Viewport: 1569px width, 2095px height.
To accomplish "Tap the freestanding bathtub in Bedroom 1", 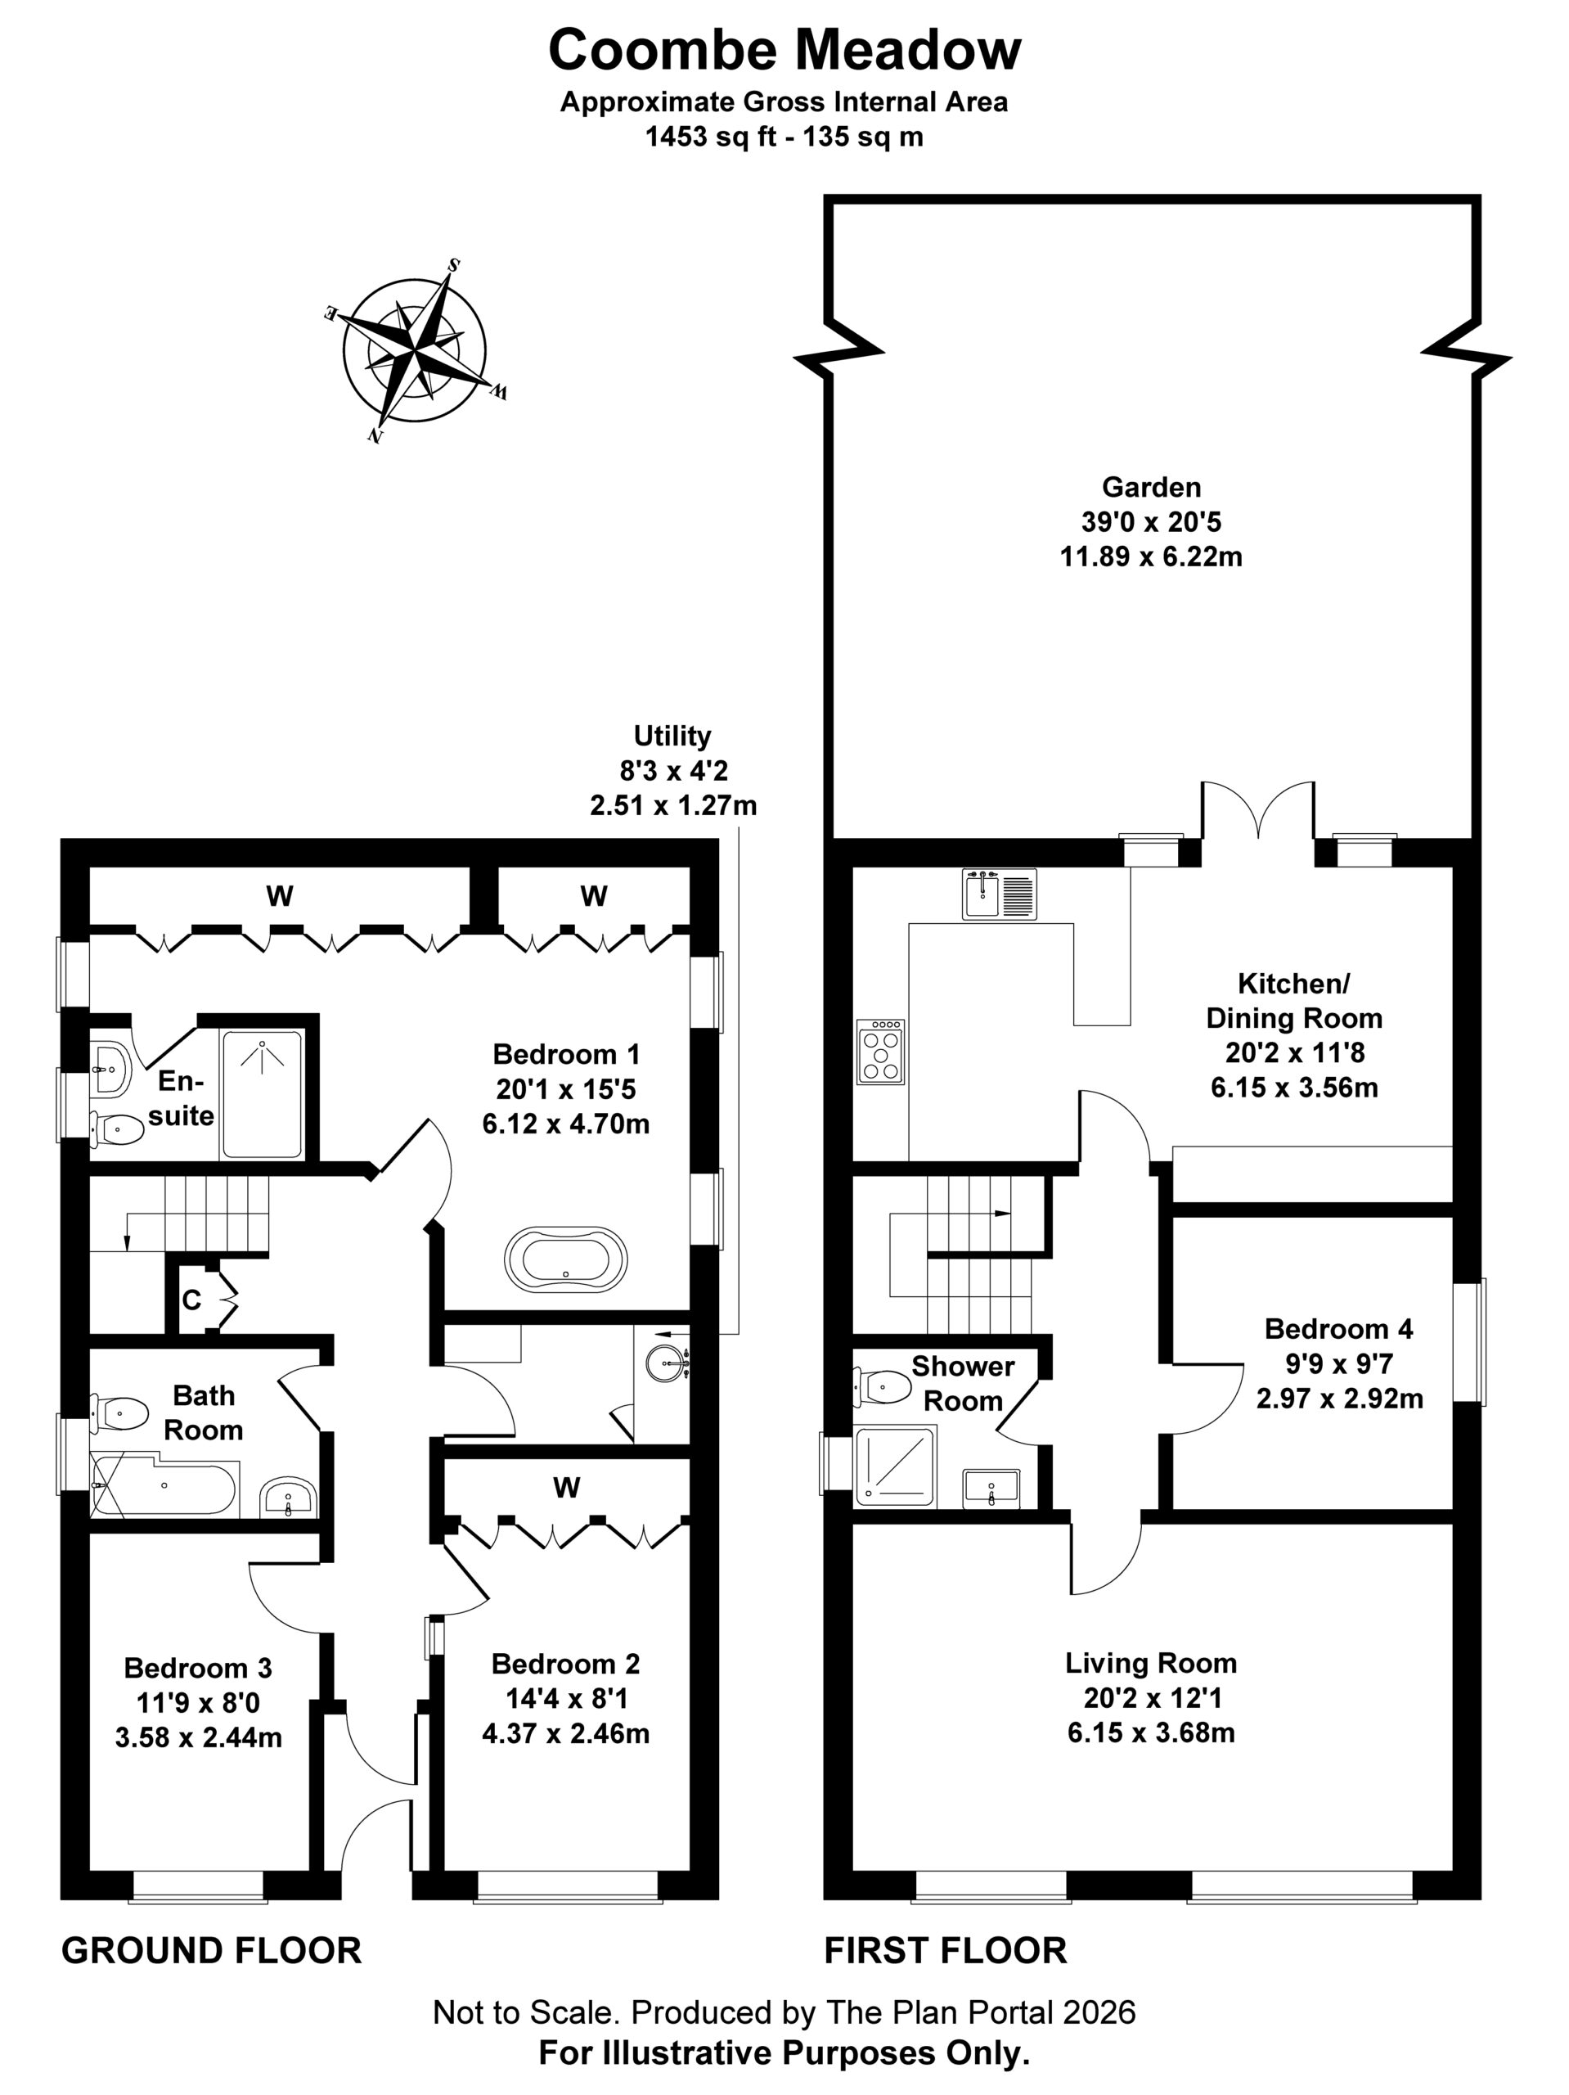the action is [x=565, y=1259].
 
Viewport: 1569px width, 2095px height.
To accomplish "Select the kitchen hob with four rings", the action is [x=879, y=1052].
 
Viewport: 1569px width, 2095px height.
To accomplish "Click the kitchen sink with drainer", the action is [x=999, y=894].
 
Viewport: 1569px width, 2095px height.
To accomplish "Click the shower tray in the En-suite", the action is [x=261, y=1095].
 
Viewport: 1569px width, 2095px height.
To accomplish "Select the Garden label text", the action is [x=1150, y=487].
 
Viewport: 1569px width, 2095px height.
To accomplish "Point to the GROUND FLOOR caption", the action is [x=211, y=1951].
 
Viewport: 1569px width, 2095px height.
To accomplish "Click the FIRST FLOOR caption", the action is [x=945, y=1951].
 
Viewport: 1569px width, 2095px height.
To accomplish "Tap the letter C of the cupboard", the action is [x=191, y=1300].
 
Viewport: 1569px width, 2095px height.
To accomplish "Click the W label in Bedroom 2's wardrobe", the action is [x=566, y=1488].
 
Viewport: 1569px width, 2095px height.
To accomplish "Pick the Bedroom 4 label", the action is [x=1338, y=1329].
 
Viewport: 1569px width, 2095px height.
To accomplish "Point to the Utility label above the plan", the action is [x=672, y=736].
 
